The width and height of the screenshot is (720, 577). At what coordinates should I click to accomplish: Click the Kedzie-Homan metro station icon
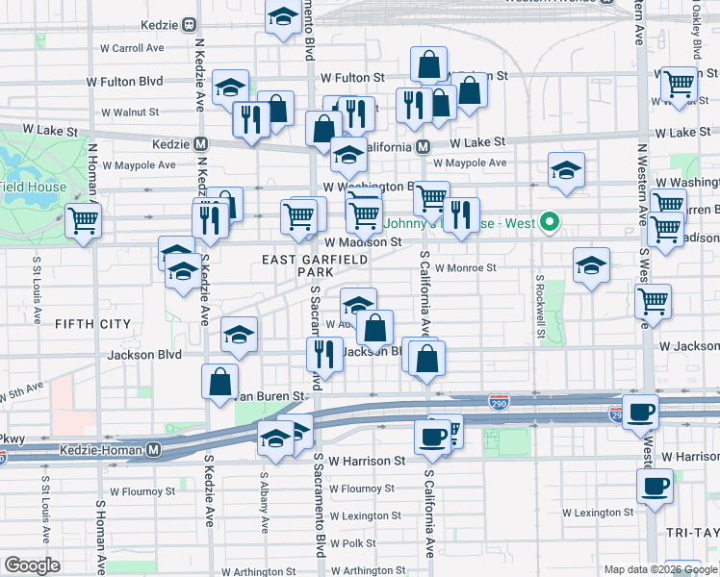pos(154,449)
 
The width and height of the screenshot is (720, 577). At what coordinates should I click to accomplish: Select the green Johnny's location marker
pos(550,223)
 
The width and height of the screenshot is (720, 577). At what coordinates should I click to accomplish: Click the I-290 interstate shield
pos(499,400)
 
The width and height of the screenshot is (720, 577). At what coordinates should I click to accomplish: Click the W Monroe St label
pos(465,268)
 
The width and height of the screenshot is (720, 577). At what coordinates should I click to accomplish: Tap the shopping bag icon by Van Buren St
pos(220,381)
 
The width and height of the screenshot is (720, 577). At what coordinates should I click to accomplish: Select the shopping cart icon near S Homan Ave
pos(83,220)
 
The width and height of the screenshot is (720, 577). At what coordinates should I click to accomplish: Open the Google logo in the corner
pos(32,565)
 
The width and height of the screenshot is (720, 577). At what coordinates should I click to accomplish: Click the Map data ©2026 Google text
pos(659,569)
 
